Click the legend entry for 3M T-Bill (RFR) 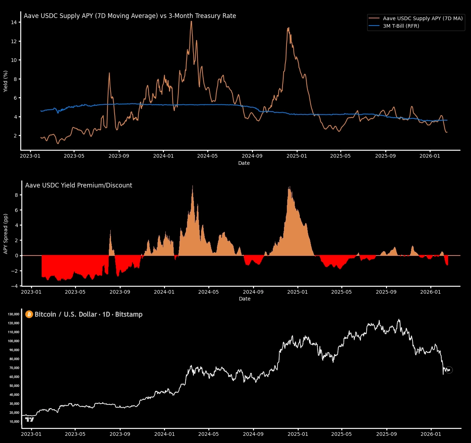pyautogui.click(x=401, y=26)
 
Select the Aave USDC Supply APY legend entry pyautogui.click(x=422, y=18)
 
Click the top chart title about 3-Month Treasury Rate pyautogui.click(x=130, y=16)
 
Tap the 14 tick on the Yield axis pyautogui.click(x=14, y=22)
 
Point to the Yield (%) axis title pyautogui.click(x=5, y=81)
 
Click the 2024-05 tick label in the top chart pyautogui.click(x=208, y=156)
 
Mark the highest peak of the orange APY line pyautogui.click(x=191, y=22)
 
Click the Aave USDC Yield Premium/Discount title pyautogui.click(x=79, y=185)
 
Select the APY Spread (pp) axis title pyautogui.click(x=5, y=234)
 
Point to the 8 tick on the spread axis pyautogui.click(x=16, y=195)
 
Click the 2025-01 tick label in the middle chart pyautogui.click(x=297, y=292)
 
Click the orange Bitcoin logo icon pyautogui.click(x=29, y=315)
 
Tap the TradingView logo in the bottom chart pyautogui.click(x=30, y=420)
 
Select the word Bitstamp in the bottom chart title pyautogui.click(x=129, y=315)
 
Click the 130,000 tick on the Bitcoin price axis pyautogui.click(x=13, y=314)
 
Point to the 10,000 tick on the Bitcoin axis pyautogui.click(x=14, y=421)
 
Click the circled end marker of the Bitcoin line pyautogui.click(x=449, y=370)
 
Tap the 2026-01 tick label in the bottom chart pyautogui.click(x=431, y=434)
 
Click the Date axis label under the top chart pyautogui.click(x=244, y=163)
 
